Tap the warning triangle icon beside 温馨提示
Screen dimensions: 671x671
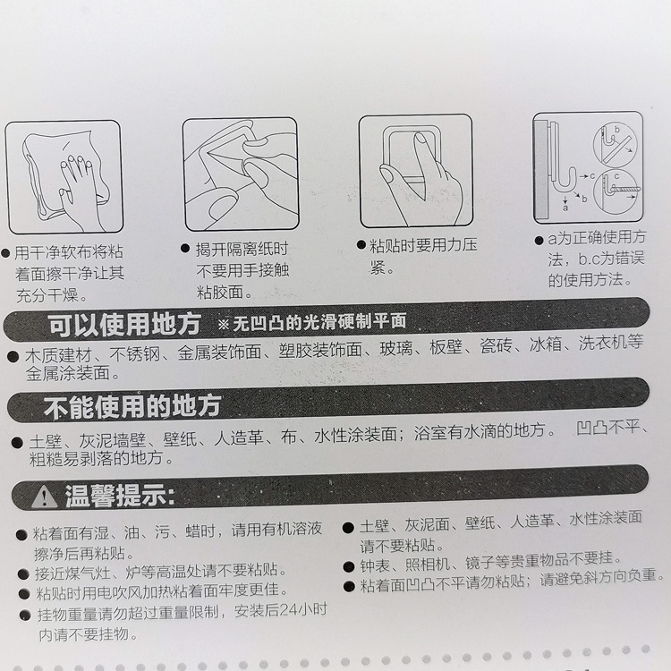(44, 494)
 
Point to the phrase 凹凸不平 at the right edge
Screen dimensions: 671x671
(609, 428)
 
